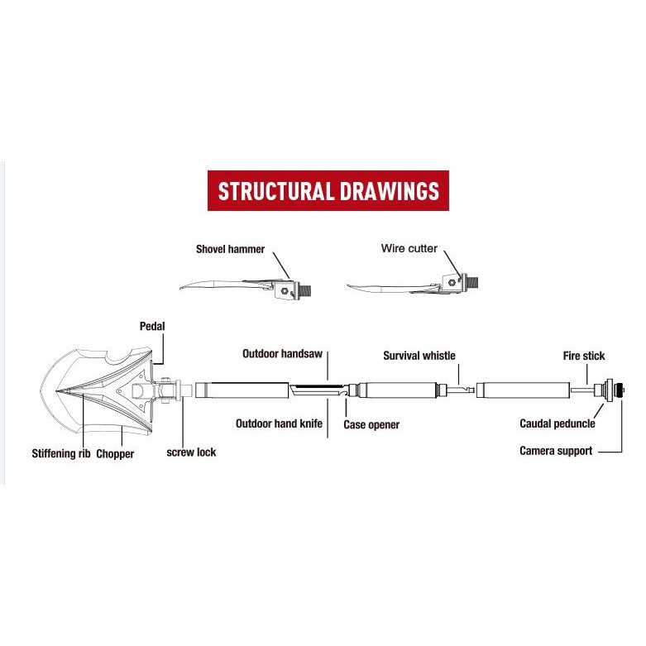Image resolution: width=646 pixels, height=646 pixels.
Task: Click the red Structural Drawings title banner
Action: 328,191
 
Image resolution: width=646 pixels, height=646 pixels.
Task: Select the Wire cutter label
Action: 409,248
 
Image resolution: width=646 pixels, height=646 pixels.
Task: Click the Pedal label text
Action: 152,327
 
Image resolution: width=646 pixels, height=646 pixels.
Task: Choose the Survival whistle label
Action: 419,356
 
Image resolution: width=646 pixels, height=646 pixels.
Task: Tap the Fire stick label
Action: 583,356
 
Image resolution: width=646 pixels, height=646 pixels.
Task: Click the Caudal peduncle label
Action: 557,423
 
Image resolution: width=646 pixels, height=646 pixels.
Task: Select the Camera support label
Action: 556,451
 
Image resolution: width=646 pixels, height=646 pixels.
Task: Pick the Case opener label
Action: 371,424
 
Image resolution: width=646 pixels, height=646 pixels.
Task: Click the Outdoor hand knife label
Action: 279,423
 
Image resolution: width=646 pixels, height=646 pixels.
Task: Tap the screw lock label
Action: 191,452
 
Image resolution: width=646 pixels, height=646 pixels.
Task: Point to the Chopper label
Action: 115,453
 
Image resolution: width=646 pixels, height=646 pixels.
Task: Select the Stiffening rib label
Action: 61,453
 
